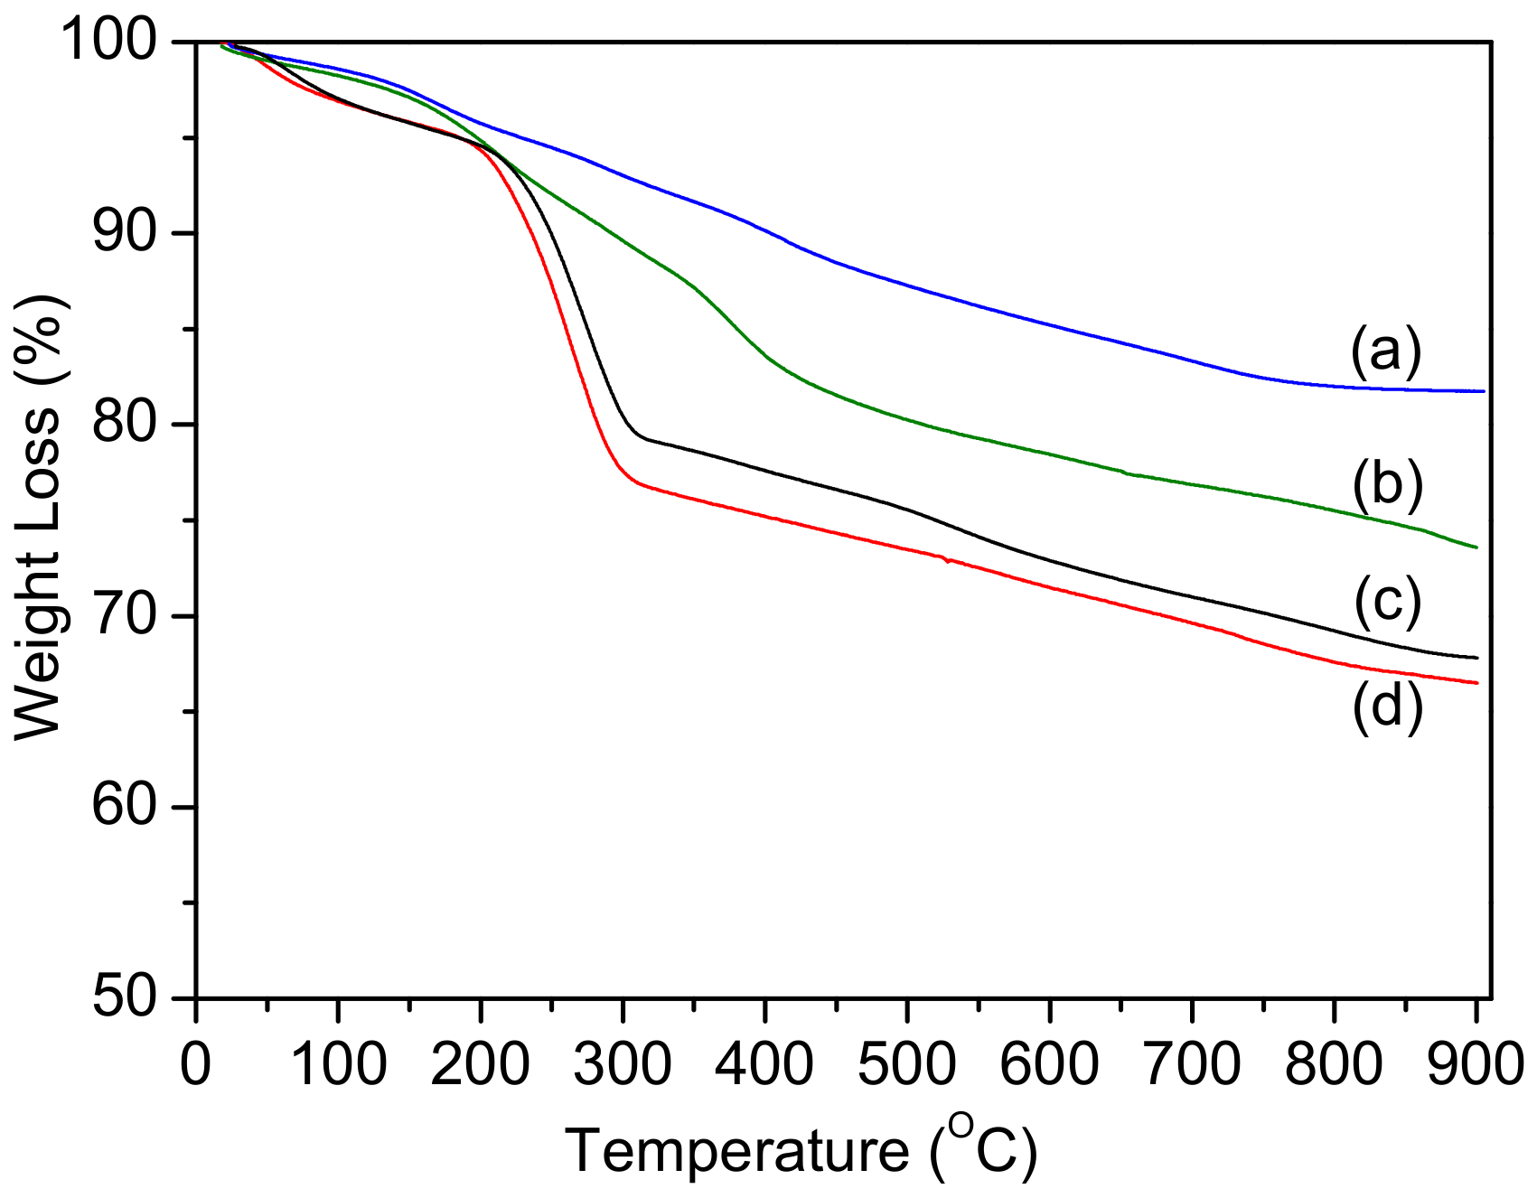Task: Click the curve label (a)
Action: tap(1386, 351)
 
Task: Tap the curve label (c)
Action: tap(1388, 603)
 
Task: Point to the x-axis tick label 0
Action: tap(196, 1064)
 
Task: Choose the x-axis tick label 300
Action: tap(623, 1064)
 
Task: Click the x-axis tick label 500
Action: tap(906, 1064)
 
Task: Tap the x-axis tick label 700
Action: tap(1191, 1064)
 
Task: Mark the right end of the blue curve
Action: tap(1483, 391)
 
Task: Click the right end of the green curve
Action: tap(1476, 548)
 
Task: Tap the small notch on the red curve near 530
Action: tap(947, 561)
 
